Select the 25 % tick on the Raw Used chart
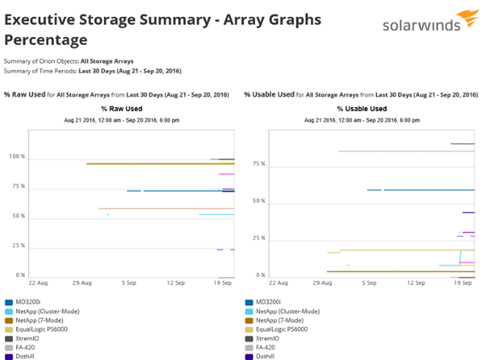pos(16,246)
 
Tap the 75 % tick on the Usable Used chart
pos(259,163)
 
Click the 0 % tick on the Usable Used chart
pos(261,275)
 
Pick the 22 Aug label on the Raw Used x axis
pos(38,283)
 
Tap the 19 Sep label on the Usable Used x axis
pos(462,283)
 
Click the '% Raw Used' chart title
pos(122,108)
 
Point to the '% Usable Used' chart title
pos(361,108)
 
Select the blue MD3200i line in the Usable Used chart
pos(419,190)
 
